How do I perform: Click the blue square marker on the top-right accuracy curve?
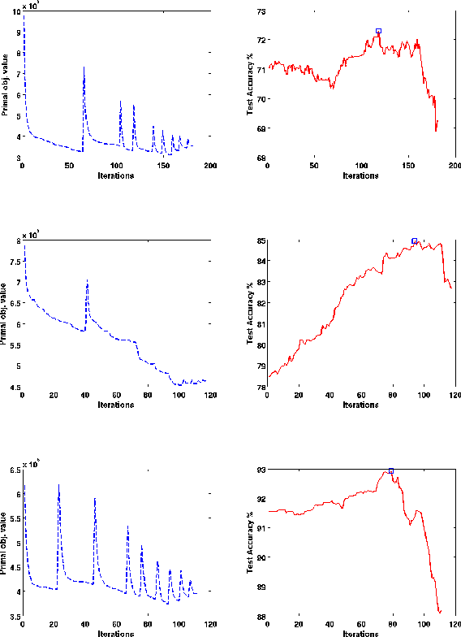pos(378,31)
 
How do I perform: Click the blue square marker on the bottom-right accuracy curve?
pos(391,470)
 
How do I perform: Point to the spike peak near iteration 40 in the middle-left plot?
pos(87,280)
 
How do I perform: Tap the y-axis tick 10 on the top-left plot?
pos(17,11)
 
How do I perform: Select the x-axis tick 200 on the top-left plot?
pos(210,166)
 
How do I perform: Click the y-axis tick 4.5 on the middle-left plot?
pos(14,388)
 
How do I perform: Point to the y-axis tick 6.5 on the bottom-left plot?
pos(14,470)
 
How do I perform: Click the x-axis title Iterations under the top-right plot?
pos(360,175)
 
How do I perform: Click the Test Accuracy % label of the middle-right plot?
pos(250,313)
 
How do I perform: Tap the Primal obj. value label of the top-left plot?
pos(6,84)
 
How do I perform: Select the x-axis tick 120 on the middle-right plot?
pos(455,396)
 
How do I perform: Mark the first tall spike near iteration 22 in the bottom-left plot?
pos(58,485)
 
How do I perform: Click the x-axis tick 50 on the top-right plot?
pos(314,166)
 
